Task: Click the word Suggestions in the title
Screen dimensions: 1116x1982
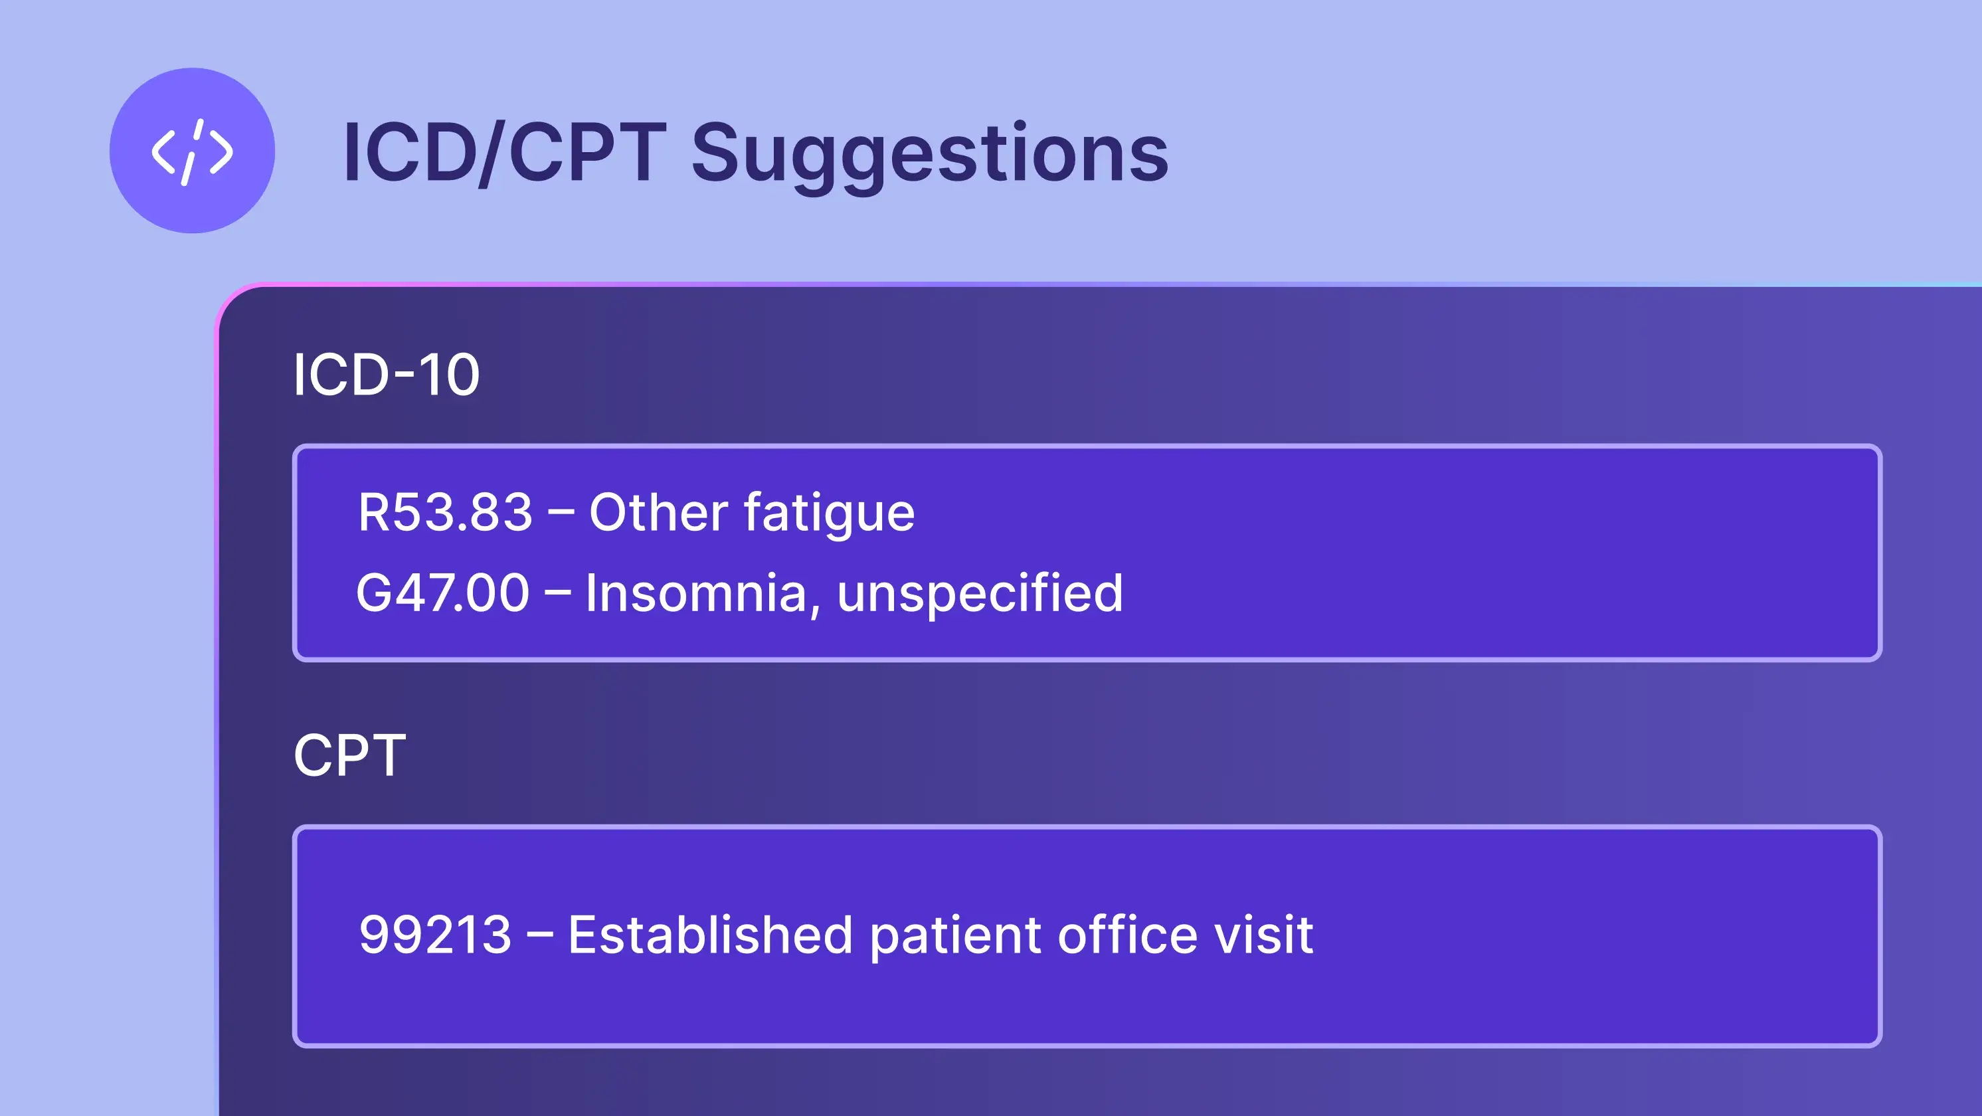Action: [x=929, y=153]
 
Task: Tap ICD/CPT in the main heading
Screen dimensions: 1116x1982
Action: [x=504, y=153]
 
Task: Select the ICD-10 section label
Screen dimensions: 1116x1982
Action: [x=387, y=375]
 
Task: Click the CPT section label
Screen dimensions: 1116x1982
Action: [x=349, y=755]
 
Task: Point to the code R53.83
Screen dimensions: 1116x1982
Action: [x=445, y=513]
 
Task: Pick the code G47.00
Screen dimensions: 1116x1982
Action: [x=442, y=593]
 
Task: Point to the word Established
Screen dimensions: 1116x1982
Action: [x=710, y=935]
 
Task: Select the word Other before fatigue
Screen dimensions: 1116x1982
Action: [x=658, y=513]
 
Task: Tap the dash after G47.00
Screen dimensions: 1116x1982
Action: [x=558, y=594]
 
